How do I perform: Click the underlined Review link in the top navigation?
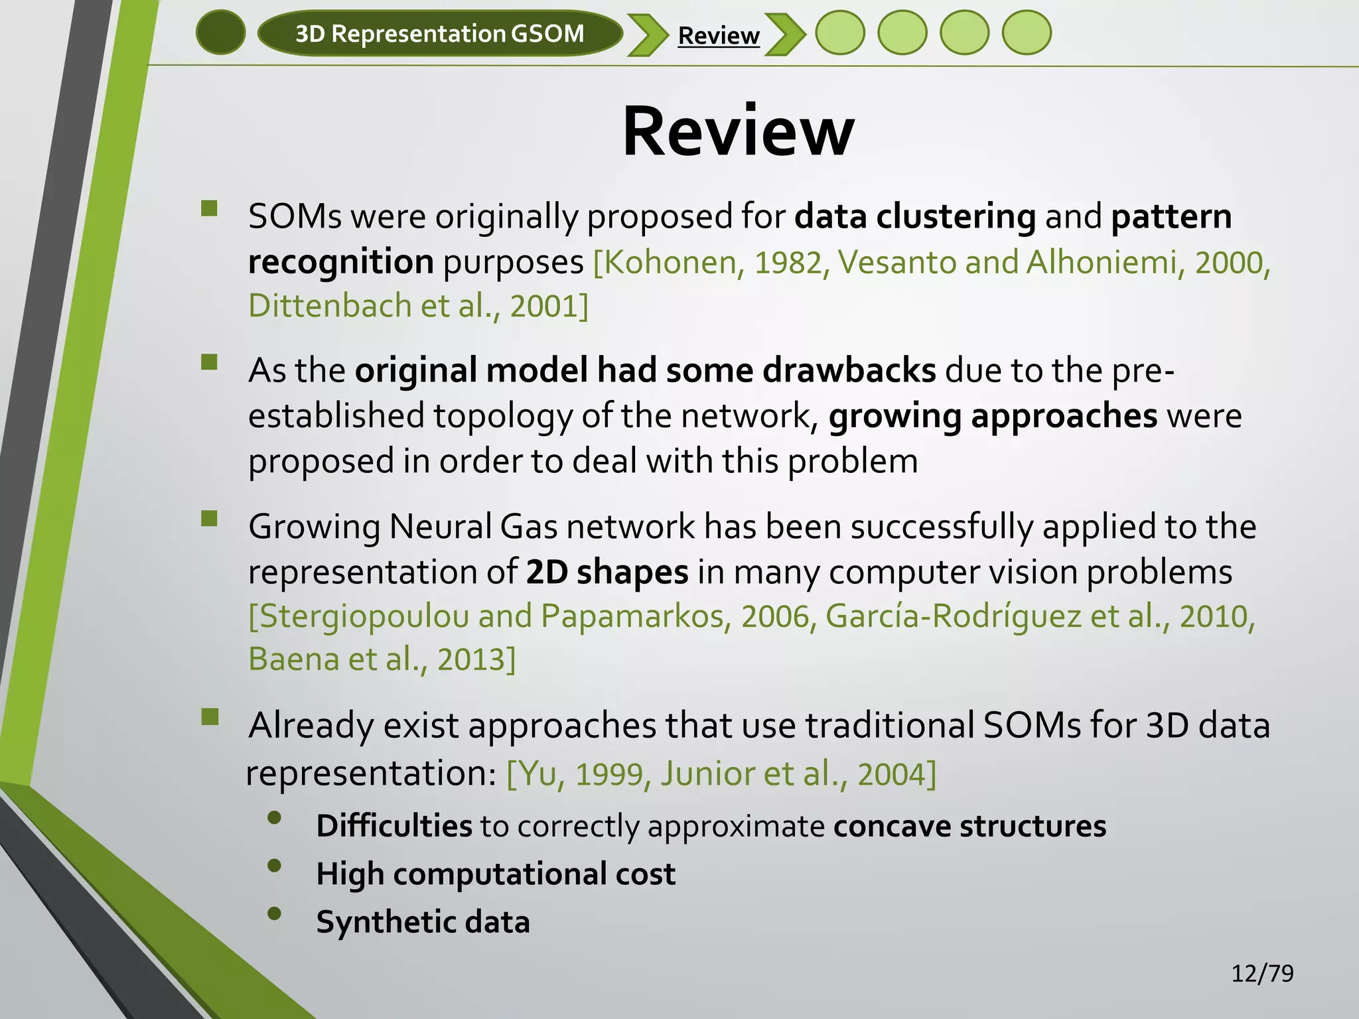tap(719, 35)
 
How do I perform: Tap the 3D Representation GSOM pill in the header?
tap(439, 33)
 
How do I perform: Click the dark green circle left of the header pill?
tap(221, 33)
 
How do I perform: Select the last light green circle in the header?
tap(1026, 33)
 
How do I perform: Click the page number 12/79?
tap(1262, 973)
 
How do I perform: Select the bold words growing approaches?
tap(993, 417)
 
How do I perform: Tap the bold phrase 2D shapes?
tap(607, 572)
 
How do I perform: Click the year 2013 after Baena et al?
tap(471, 660)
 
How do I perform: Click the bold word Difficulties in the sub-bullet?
tap(394, 827)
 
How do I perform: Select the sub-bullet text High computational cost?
tap(496, 874)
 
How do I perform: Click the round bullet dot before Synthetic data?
tap(275, 914)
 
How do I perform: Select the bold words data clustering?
tap(914, 217)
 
